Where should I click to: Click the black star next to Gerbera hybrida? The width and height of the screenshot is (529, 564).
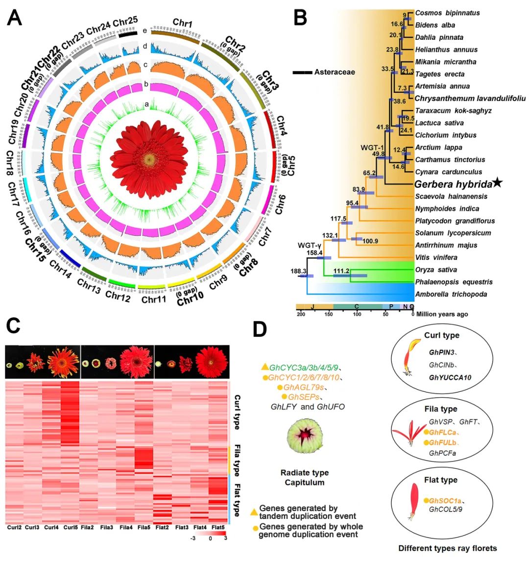point(497,183)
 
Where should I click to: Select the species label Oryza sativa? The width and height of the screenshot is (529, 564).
point(436,270)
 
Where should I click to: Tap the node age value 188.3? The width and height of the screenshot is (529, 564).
point(298,271)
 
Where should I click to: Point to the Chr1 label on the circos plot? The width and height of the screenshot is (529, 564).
point(182,23)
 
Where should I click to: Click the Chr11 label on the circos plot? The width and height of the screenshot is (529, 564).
point(154,299)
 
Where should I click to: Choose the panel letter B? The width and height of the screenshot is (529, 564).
point(300,18)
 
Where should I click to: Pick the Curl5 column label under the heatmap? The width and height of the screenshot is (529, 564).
point(71,528)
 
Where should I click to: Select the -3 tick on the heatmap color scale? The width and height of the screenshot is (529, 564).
point(193,538)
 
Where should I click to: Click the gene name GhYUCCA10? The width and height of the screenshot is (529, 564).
point(450,378)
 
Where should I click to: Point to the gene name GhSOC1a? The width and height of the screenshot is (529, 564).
point(445,501)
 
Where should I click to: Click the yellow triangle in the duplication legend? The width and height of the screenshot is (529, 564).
point(254,512)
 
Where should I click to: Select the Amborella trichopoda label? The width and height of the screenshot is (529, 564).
point(451,294)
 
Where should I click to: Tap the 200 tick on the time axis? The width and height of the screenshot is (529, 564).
point(300,314)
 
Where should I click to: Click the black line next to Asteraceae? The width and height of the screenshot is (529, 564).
point(302,73)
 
